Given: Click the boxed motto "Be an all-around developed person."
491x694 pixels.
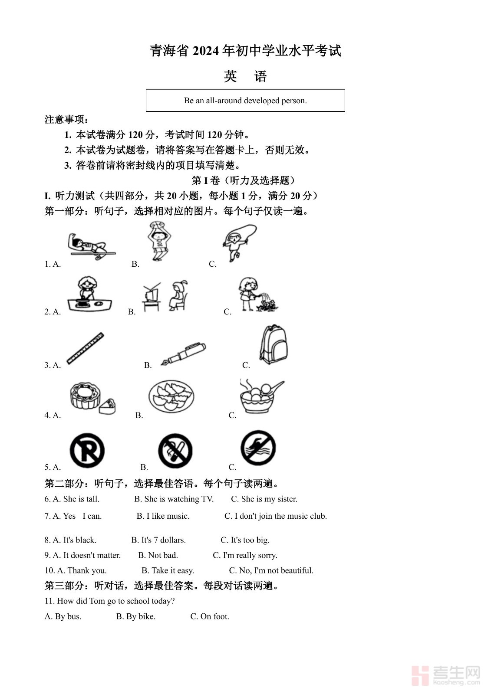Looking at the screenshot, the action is click(x=245, y=101).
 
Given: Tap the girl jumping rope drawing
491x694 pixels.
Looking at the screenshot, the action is click(x=239, y=243).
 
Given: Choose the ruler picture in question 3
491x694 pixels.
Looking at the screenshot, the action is click(x=85, y=348).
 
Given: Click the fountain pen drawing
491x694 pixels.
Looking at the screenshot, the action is click(x=183, y=354).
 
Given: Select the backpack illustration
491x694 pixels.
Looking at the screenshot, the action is click(x=273, y=344).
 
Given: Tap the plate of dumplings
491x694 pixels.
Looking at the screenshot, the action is click(x=171, y=396).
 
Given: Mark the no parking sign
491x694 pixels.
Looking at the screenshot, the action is click(x=87, y=451).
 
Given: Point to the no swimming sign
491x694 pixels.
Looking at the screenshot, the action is click(x=258, y=448).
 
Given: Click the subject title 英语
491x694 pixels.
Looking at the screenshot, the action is click(x=245, y=76).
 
